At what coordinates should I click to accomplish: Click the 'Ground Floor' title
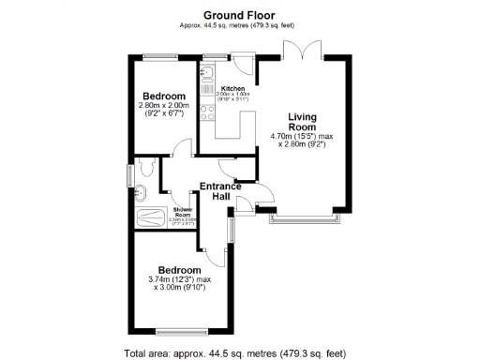(239, 14)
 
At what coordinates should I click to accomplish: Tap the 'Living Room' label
(301, 121)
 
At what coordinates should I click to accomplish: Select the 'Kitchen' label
(232, 88)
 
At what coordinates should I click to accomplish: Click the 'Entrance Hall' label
(220, 191)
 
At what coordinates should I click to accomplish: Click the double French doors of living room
(307, 49)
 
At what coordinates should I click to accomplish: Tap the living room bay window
(303, 217)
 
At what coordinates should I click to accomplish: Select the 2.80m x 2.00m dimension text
(164, 106)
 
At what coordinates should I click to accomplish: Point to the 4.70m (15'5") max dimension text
(301, 137)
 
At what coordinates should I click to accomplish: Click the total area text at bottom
(235, 352)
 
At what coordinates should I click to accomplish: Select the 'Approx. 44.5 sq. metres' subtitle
(239, 25)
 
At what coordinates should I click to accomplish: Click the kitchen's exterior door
(243, 64)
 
